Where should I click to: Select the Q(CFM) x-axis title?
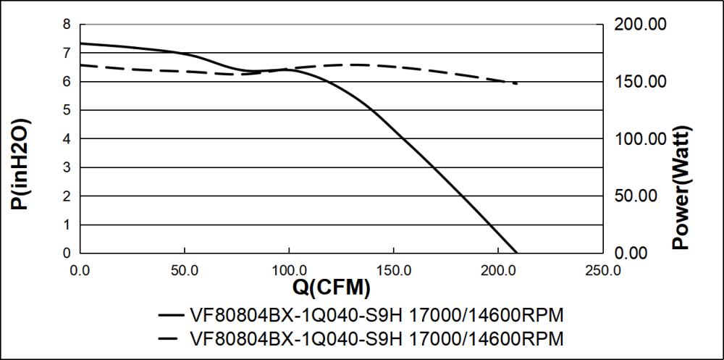click(x=331, y=288)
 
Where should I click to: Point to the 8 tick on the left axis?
click(x=67, y=25)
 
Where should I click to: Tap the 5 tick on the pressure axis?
click(x=67, y=110)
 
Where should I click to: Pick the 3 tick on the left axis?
click(x=67, y=167)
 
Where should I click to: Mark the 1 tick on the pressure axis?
click(x=67, y=225)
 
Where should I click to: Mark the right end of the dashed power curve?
click(x=516, y=83)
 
